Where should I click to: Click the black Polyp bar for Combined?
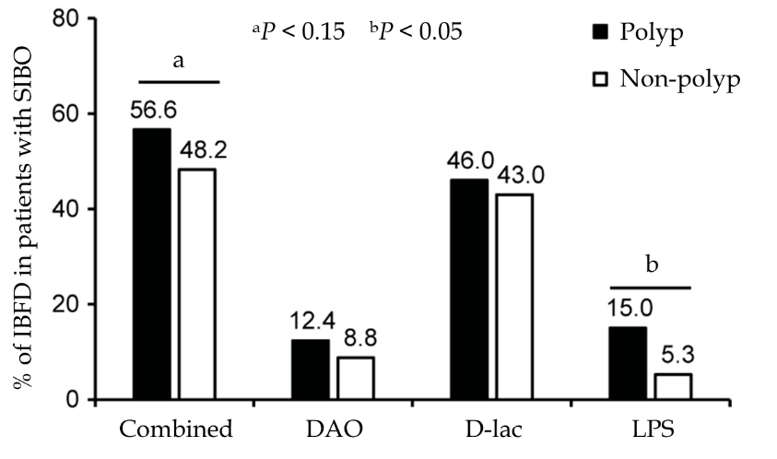tap(152, 264)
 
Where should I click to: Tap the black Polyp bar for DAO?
tap(310, 370)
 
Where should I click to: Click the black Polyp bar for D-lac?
tap(468, 289)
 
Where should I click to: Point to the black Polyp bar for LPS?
tap(627, 363)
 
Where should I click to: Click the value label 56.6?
tap(152, 112)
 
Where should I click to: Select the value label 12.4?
tap(310, 323)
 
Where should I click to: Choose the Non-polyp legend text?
tap(681, 79)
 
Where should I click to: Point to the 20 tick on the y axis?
tap(68, 305)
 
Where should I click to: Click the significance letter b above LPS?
tap(653, 266)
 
